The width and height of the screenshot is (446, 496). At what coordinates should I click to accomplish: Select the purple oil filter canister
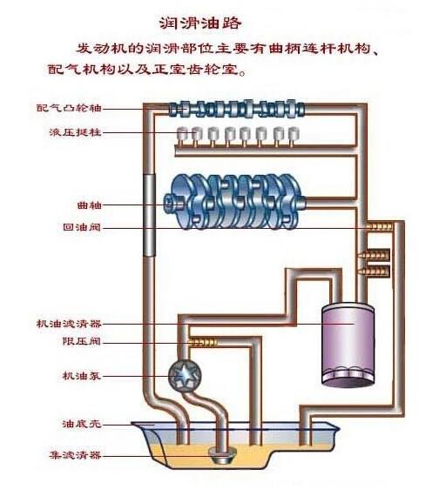click(346, 343)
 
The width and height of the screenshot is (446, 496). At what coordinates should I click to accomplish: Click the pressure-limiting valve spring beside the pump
click(204, 342)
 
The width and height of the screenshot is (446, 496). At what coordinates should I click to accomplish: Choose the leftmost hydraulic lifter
click(184, 135)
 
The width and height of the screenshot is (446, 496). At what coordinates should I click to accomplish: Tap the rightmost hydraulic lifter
click(294, 135)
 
